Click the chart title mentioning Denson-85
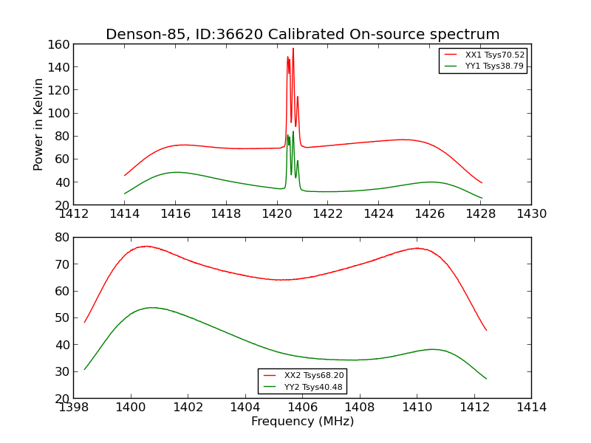pos(302,35)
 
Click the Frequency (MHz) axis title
pos(302,422)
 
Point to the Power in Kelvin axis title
pos(39,125)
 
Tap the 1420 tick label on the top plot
pos(277,214)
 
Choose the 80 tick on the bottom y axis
pos(61,237)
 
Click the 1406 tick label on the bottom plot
pos(302,407)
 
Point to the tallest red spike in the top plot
pos(293,49)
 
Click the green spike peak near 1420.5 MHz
pos(293,132)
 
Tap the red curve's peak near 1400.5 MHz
pos(146,246)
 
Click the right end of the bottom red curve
pos(486,330)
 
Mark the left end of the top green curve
pos(125,193)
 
